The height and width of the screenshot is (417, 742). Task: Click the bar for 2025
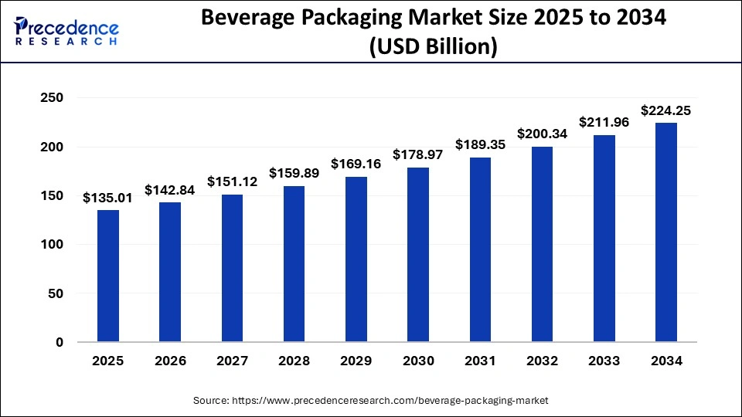108,276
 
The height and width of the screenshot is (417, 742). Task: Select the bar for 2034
666,232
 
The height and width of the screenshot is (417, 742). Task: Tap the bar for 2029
356,259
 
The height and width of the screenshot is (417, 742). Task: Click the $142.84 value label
170,190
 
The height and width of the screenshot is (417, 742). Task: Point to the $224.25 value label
666,110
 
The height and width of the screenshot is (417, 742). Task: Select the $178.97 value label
418,155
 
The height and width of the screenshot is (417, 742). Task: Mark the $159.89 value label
294,174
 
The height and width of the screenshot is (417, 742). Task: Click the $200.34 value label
542,134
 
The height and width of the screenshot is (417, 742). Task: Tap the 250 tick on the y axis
52,98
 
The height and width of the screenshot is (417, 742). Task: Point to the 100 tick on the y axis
52,245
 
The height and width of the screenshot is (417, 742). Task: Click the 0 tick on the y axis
59,342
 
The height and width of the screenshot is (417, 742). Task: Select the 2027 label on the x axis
232,360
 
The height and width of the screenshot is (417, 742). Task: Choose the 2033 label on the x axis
604,360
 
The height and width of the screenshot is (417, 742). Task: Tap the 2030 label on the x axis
418,360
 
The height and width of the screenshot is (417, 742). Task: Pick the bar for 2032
542,244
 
